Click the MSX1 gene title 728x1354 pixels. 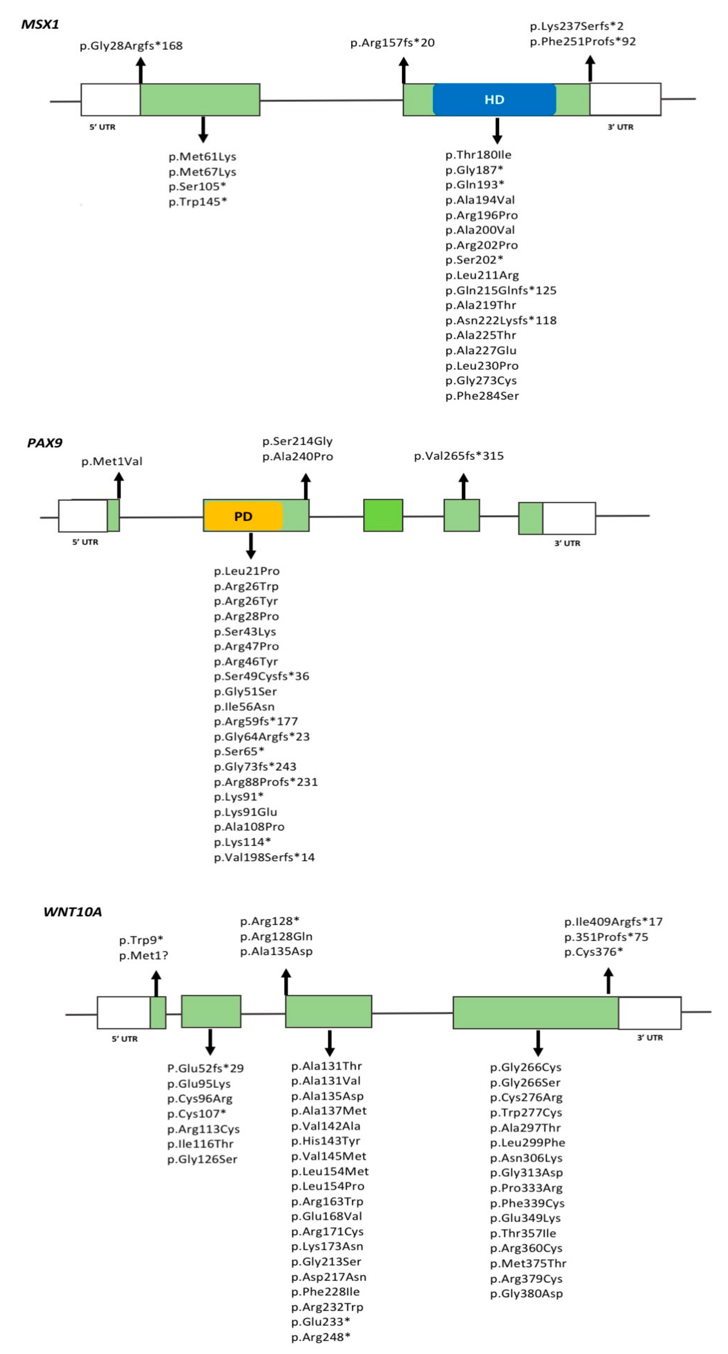coord(40,24)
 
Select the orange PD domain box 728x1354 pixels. coord(243,516)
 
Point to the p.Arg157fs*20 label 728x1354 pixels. coord(392,43)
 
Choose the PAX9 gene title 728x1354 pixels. coord(45,442)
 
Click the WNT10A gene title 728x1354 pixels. coord(72,912)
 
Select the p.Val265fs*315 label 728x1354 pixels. coord(459,456)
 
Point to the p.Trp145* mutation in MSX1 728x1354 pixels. coord(198,202)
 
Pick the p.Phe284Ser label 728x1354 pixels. coord(482,396)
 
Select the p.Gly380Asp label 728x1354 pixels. coord(526,1294)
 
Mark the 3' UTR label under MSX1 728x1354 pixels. coord(620,127)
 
